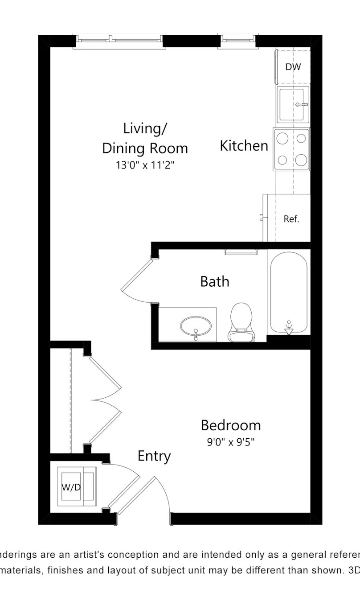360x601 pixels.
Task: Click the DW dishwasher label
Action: pos(293,67)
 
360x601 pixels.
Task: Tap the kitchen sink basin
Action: pos(291,105)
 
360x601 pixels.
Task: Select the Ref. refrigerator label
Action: pos(291,219)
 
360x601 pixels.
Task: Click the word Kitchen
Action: pos(244,146)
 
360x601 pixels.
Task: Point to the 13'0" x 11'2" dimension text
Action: pos(145,165)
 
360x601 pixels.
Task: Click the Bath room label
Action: pos(215,281)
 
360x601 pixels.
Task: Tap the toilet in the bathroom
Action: pos(241,322)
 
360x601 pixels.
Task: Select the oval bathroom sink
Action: pos(196,326)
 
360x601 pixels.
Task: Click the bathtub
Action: pos(289,292)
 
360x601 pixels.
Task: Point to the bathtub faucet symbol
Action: pos(289,327)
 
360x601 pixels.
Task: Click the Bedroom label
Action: pos(231,425)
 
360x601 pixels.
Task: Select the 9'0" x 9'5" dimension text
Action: pos(230,442)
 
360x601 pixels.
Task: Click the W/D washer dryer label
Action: pos(71,487)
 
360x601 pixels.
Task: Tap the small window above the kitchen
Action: pos(238,40)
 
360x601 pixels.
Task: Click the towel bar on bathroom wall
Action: pos(241,251)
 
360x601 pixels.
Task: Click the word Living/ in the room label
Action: pos(145,128)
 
